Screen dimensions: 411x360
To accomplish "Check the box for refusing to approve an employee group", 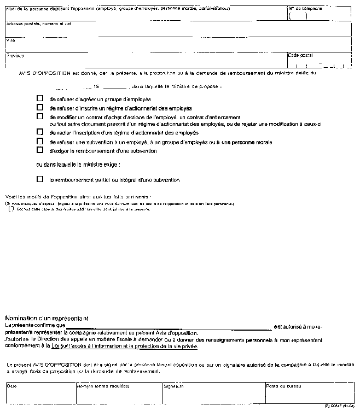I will (x=39, y=99).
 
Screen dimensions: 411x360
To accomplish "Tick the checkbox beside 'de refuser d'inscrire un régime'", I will (x=39, y=108).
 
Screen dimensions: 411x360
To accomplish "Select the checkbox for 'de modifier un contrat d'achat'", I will (x=39, y=116).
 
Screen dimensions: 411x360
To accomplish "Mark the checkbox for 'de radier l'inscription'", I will (x=39, y=132).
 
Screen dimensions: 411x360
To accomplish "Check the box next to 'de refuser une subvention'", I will (x=39, y=141).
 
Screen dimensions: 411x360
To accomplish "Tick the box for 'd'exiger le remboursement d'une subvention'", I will (x=39, y=150).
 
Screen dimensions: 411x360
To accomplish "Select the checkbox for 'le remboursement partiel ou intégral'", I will (x=39, y=179).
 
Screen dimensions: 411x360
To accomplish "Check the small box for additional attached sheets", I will (x=12, y=209).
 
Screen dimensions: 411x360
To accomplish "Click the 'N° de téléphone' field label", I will (x=305, y=9).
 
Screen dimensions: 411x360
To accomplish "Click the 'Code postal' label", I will (x=300, y=55).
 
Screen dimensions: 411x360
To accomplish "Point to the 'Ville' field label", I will (x=10, y=40).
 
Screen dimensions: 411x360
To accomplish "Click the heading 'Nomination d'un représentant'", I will (x=47, y=318).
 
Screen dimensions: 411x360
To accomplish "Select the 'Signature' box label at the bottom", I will (x=173, y=386).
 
